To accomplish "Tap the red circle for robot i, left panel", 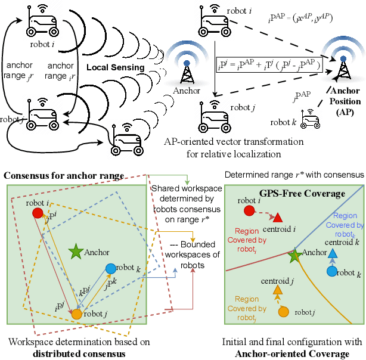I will point(37,212).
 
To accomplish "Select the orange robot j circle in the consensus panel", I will point(76,313).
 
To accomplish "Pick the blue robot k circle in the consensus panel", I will point(111,269).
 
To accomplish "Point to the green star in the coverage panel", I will point(294,256).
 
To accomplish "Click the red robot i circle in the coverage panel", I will point(249,210).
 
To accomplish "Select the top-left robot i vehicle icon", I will point(41,23).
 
